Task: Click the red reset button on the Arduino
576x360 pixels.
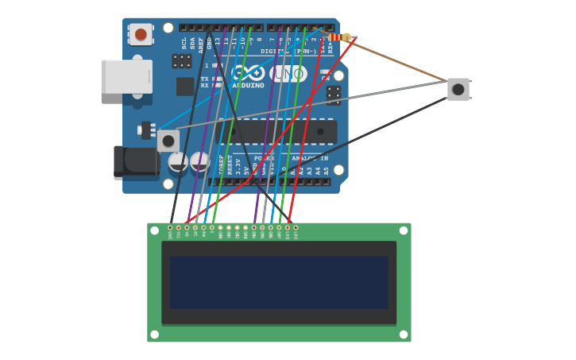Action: tap(141, 34)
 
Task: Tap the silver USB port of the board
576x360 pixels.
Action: tap(126, 76)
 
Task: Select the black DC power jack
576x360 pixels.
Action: tap(135, 161)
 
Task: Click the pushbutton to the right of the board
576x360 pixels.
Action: tap(458, 89)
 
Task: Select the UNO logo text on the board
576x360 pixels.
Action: tap(288, 73)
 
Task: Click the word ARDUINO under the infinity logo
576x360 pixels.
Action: tap(248, 86)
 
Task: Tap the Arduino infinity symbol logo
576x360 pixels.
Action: tap(248, 72)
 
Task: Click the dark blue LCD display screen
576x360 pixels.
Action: tap(279, 282)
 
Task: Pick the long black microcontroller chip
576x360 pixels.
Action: tap(278, 131)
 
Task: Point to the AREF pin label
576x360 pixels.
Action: tap(201, 43)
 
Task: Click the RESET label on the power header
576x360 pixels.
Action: tap(230, 165)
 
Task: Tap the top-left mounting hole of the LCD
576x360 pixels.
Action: tap(154, 230)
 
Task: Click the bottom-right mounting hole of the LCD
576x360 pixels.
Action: tap(404, 335)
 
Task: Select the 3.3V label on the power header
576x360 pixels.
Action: tap(238, 166)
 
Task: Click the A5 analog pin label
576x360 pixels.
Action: tap(326, 170)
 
